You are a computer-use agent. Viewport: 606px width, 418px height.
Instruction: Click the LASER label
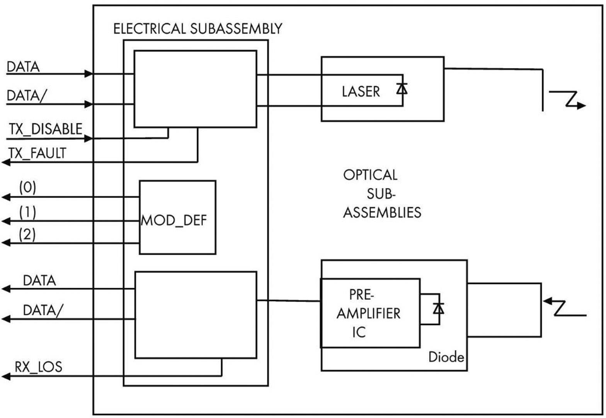361,92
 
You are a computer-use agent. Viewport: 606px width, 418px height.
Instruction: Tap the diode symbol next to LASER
402,89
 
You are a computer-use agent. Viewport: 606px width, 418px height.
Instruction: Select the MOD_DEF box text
174,220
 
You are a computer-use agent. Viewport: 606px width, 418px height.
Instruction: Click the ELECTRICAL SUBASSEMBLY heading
197,29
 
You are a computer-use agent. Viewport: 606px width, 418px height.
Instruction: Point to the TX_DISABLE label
46,129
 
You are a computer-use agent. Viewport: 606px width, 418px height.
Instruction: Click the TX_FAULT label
37,153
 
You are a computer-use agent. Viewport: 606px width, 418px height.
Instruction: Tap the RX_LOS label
38,367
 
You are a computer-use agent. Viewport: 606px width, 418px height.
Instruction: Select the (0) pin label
28,188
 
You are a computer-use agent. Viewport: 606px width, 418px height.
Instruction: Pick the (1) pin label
28,212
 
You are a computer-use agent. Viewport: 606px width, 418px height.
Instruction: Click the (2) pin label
27,234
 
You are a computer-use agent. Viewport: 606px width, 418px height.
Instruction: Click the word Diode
446,357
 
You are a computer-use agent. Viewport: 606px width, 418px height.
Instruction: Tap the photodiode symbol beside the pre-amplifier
438,308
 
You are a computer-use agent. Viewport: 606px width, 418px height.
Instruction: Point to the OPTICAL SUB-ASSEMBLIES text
381,194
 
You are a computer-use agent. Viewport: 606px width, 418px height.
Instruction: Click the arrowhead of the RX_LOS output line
5,376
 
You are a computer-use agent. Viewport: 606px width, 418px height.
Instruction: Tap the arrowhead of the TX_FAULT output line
5,162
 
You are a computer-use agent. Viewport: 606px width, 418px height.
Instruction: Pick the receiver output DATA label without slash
39,280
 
